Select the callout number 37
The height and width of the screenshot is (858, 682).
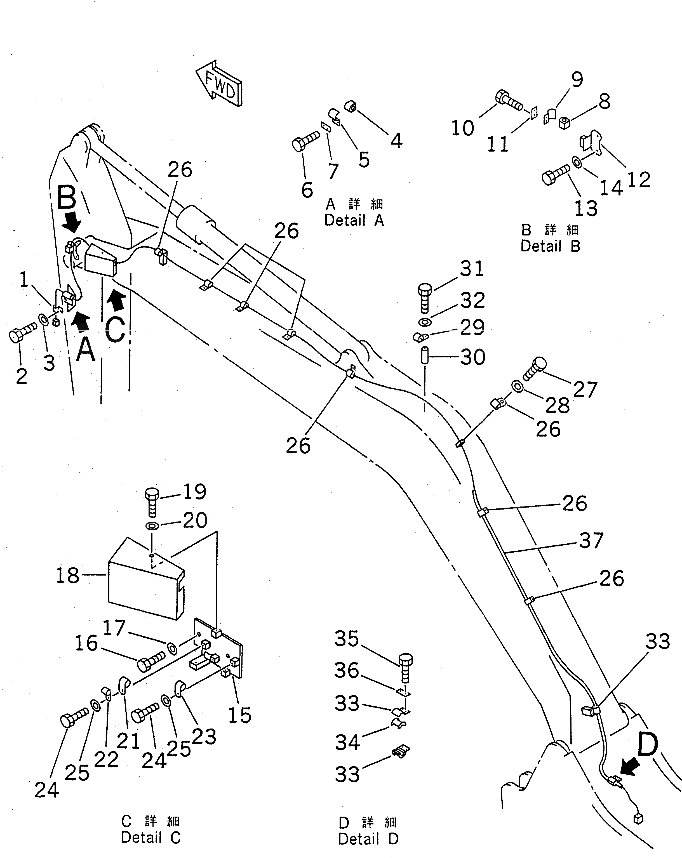[591, 540]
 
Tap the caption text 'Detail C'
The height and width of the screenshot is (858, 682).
[150, 837]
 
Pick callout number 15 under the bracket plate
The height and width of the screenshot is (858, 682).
[239, 715]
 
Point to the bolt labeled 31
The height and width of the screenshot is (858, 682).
[425, 298]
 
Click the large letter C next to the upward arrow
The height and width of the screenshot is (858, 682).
[115, 329]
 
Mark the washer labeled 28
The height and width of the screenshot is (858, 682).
[518, 386]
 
